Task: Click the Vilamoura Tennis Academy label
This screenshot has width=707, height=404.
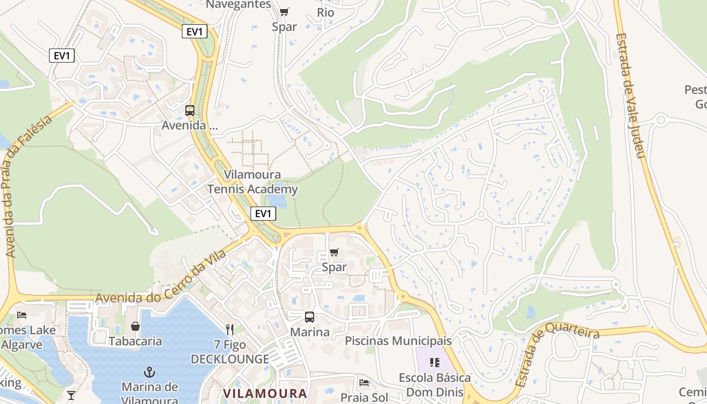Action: pyautogui.click(x=252, y=182)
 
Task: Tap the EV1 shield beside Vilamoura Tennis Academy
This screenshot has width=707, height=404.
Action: pyautogui.click(x=263, y=214)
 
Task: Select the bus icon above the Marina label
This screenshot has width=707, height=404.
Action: pyautogui.click(x=310, y=317)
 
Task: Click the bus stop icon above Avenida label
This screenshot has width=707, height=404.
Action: pyautogui.click(x=190, y=110)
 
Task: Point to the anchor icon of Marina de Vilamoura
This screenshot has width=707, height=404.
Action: pyautogui.click(x=149, y=373)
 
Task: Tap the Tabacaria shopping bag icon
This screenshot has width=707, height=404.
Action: pyautogui.click(x=135, y=327)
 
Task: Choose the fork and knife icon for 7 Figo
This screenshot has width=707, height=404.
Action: pyautogui.click(x=230, y=330)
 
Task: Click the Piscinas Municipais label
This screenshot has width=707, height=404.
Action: pyautogui.click(x=398, y=341)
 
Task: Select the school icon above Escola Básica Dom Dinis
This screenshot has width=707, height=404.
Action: pyautogui.click(x=435, y=362)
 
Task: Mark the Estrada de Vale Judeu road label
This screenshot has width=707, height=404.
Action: pyautogui.click(x=631, y=96)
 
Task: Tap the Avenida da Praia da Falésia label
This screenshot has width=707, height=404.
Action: pyautogui.click(x=28, y=187)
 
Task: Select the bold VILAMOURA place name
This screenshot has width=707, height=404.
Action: pyautogui.click(x=265, y=394)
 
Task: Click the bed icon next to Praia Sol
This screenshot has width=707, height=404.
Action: pyautogui.click(x=364, y=382)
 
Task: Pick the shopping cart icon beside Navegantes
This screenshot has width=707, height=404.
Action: pyautogui.click(x=284, y=12)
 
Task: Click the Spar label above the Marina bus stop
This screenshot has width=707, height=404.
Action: pyautogui.click(x=334, y=267)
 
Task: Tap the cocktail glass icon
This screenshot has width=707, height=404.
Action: pyautogui.click(x=71, y=395)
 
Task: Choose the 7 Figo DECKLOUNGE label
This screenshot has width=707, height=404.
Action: pyautogui.click(x=230, y=352)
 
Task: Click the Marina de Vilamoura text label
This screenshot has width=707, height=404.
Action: pyautogui.click(x=150, y=393)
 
